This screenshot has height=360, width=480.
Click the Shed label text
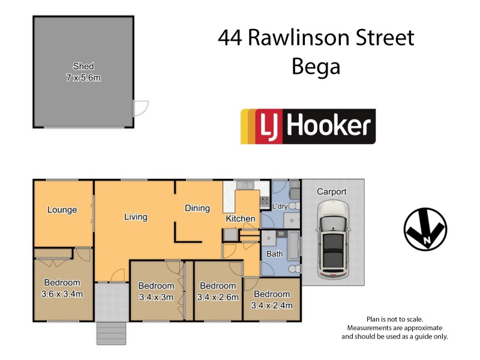tap(83, 66)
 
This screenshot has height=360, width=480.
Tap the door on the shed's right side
tap(140, 108)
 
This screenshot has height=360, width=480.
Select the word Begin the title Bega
tap(316, 66)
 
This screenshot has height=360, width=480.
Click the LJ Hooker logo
tap(308, 126)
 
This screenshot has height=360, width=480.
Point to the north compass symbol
tap(425, 229)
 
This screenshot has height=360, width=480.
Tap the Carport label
tap(332, 192)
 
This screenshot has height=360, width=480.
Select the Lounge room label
tap(62, 210)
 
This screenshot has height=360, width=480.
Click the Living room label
tap(136, 217)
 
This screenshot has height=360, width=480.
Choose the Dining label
tap(197, 208)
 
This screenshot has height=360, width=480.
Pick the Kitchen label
tap(241, 219)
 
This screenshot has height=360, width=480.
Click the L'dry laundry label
tap(280, 207)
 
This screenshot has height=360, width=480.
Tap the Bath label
tap(275, 254)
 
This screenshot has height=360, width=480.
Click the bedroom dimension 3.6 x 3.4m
tap(62, 294)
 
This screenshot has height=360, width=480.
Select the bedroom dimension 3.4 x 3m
tap(156, 297)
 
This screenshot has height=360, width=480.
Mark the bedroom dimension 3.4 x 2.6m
tap(218, 297)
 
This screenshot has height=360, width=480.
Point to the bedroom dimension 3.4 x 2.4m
tap(272, 305)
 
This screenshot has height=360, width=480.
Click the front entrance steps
tap(112, 333)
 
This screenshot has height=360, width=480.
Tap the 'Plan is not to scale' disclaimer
tap(394, 319)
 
